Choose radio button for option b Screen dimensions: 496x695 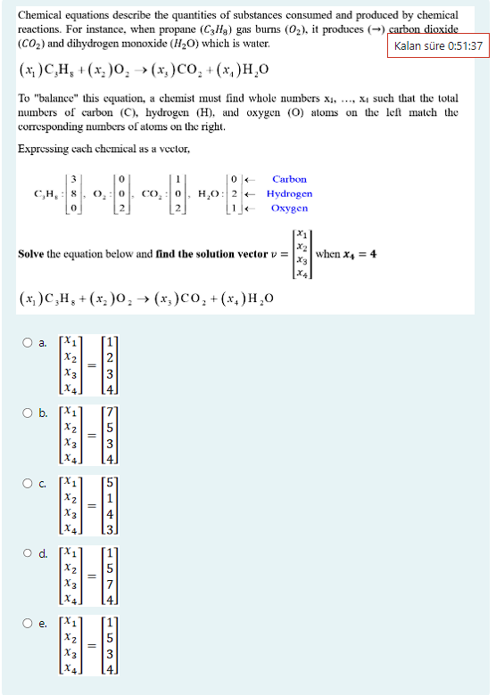29,411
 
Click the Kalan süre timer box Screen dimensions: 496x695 438,45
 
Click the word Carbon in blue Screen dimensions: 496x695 289,178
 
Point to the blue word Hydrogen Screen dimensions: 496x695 289,192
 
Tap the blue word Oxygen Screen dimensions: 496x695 289,208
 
